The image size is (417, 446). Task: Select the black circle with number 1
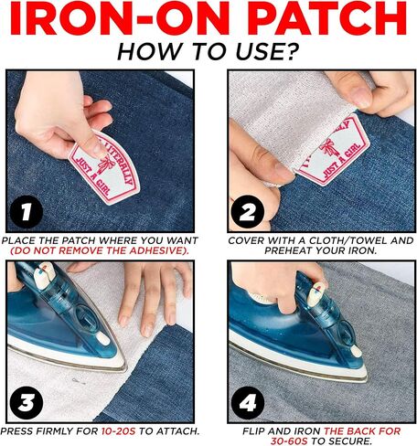27,211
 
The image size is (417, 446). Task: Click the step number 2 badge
248,211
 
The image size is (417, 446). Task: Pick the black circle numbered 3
27,403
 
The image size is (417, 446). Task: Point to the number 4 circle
248,403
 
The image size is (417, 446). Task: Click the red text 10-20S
118,431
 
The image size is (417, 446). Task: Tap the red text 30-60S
289,441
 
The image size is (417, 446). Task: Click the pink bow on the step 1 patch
106,164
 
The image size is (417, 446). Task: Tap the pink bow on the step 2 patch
328,148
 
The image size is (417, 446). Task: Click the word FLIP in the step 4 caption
253,431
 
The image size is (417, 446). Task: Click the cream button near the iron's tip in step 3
102,338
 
